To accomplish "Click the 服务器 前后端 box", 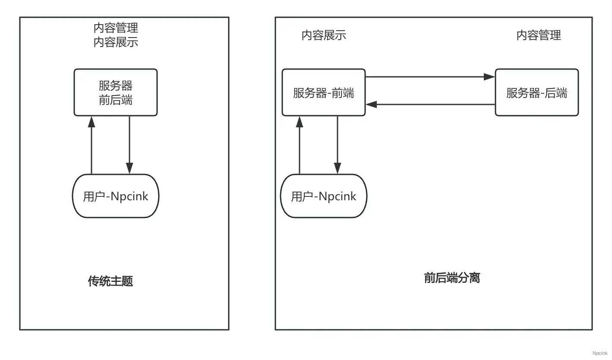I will (116, 92).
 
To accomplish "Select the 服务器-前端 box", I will (324, 92).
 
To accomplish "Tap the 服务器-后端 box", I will (536, 92).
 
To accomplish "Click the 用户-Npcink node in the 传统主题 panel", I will (116, 196).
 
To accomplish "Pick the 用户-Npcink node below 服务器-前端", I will (324, 196).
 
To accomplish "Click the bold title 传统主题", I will (110, 281).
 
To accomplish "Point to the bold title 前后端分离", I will (452, 278).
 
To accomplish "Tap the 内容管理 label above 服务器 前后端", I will (116, 28).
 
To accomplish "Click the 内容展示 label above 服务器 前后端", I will (116, 42).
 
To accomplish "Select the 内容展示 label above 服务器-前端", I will (324, 35).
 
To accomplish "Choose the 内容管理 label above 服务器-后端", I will (539, 35).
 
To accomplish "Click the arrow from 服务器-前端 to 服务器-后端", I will (429, 77).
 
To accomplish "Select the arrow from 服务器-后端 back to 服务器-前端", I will (429, 104).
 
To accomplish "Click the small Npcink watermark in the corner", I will (599, 353).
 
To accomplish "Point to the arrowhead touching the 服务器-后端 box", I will (489, 77).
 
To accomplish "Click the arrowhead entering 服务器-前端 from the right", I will (372, 104).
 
